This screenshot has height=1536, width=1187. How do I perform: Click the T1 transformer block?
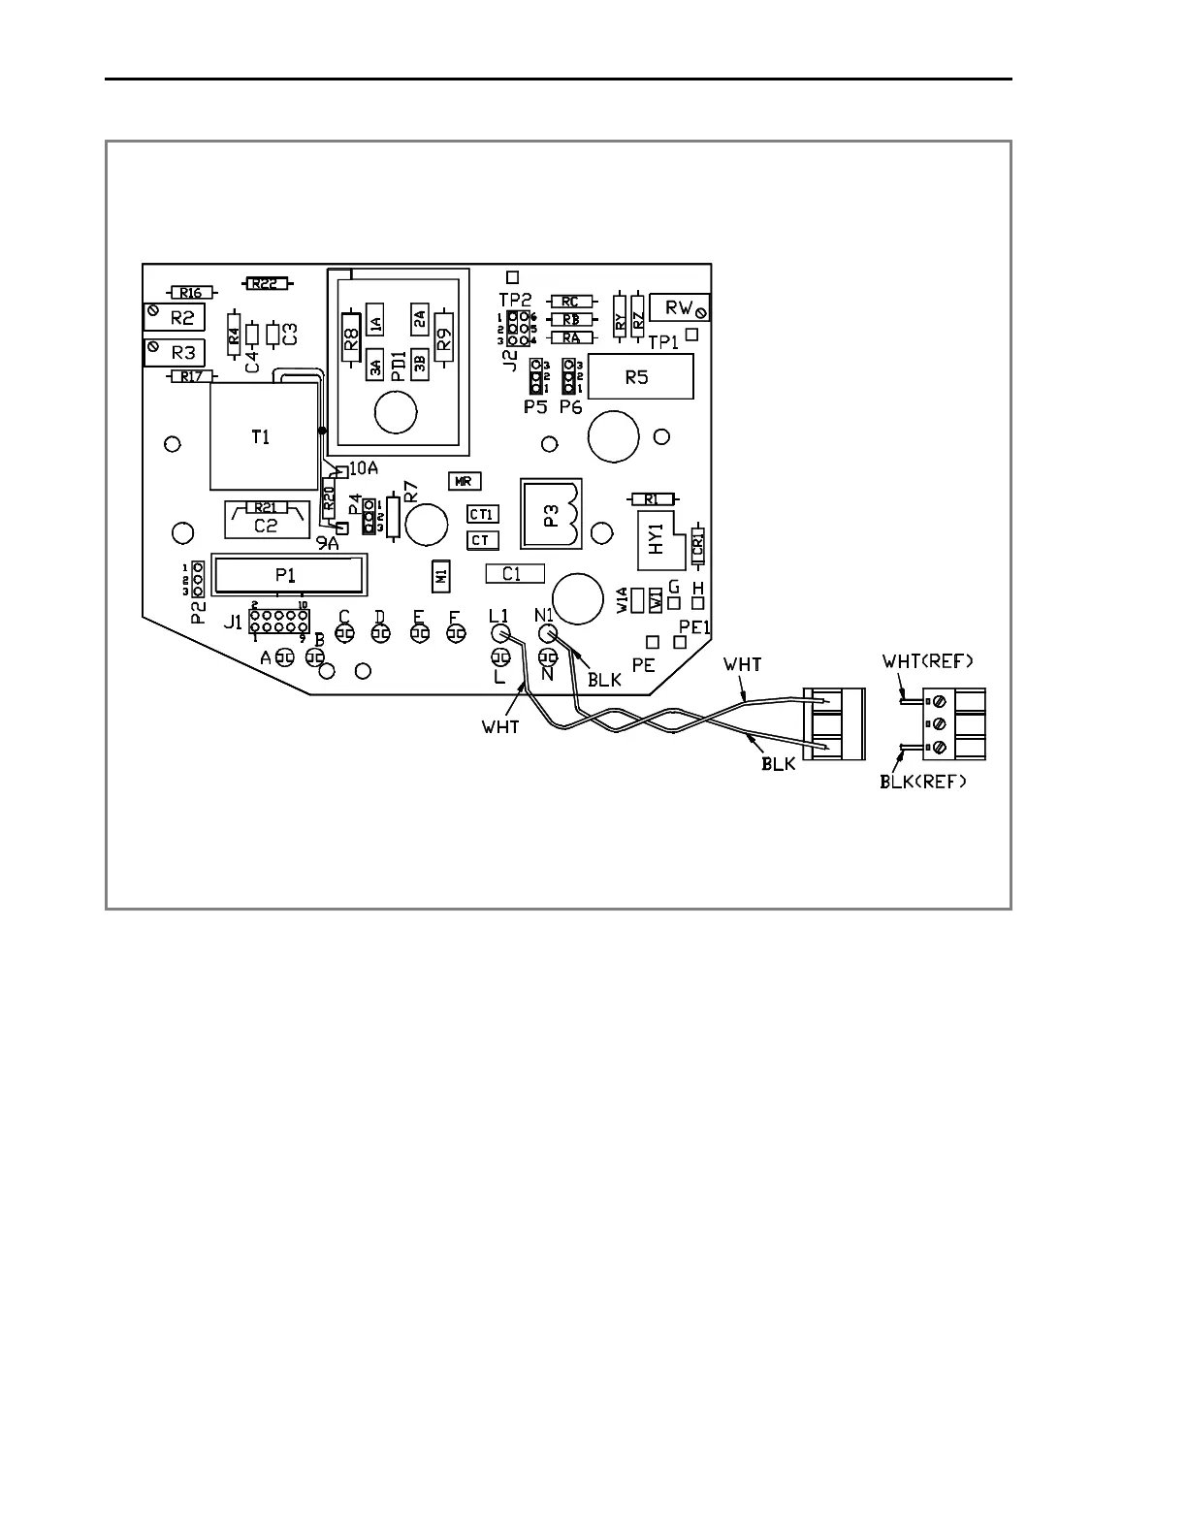[x=263, y=436]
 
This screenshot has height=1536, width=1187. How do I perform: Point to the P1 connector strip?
[x=289, y=574]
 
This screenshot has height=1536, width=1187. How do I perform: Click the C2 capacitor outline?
[x=267, y=524]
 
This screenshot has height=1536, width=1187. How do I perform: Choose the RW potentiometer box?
[x=680, y=307]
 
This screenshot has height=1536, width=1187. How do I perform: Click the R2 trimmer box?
[x=175, y=316]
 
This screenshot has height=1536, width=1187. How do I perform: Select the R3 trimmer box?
[x=175, y=351]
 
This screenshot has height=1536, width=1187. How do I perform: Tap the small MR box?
[x=465, y=480]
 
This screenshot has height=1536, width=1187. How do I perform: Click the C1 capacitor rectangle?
[x=514, y=573]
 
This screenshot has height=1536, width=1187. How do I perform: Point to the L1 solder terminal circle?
[x=500, y=633]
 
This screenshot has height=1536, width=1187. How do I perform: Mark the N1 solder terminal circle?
[x=546, y=633]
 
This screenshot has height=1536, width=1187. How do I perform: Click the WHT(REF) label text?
[x=927, y=661]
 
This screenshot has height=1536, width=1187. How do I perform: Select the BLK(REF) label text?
[x=923, y=782]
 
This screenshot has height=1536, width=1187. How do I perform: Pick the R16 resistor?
[x=190, y=292]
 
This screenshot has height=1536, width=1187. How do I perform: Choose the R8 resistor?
[x=351, y=336]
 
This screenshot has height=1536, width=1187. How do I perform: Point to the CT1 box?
[x=482, y=514]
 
